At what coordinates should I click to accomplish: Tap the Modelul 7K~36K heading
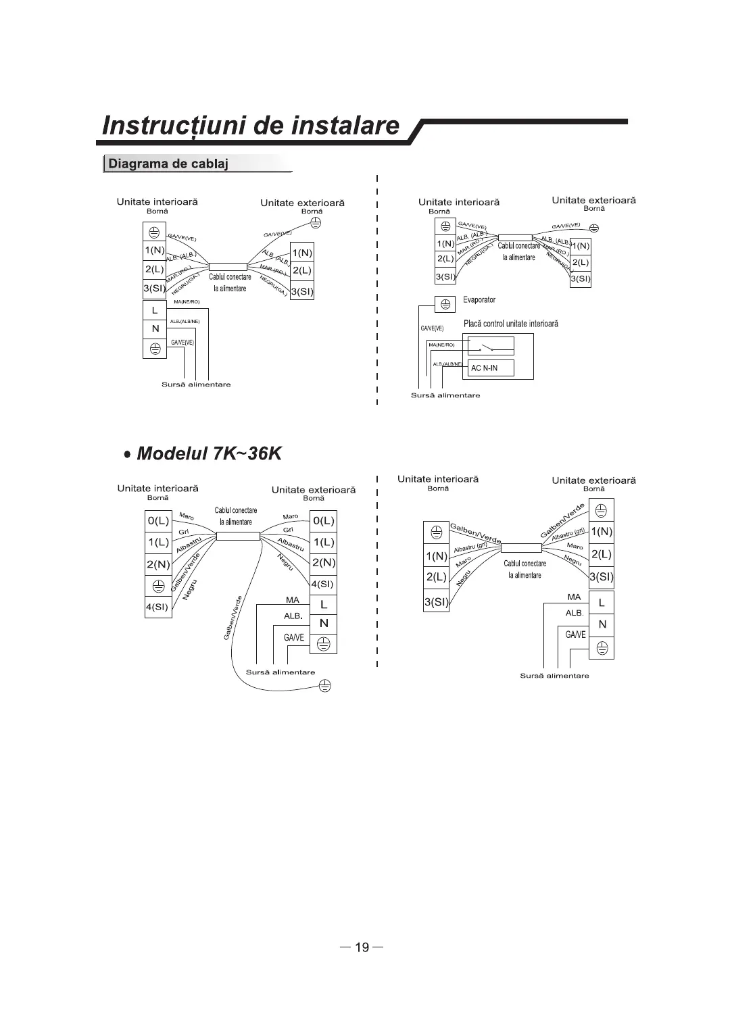(208, 453)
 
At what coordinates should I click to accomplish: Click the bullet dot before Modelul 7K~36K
(127, 454)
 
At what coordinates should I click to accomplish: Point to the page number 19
(362, 947)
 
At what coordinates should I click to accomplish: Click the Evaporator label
(479, 299)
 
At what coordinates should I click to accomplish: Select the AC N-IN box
(491, 368)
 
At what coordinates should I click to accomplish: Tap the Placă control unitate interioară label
(511, 324)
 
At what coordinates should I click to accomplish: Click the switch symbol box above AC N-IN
(491, 346)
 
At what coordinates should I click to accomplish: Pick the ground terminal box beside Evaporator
(444, 304)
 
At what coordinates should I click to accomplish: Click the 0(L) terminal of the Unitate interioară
(158, 521)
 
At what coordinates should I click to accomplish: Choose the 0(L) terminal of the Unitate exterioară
(323, 521)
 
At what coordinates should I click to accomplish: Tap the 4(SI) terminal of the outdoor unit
(322, 584)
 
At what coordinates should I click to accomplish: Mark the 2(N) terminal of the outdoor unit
(323, 563)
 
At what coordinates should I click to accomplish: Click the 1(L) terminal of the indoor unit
(158, 542)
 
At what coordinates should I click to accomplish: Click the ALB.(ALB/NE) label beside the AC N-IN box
(448, 364)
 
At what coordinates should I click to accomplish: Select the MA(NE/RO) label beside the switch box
(441, 345)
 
